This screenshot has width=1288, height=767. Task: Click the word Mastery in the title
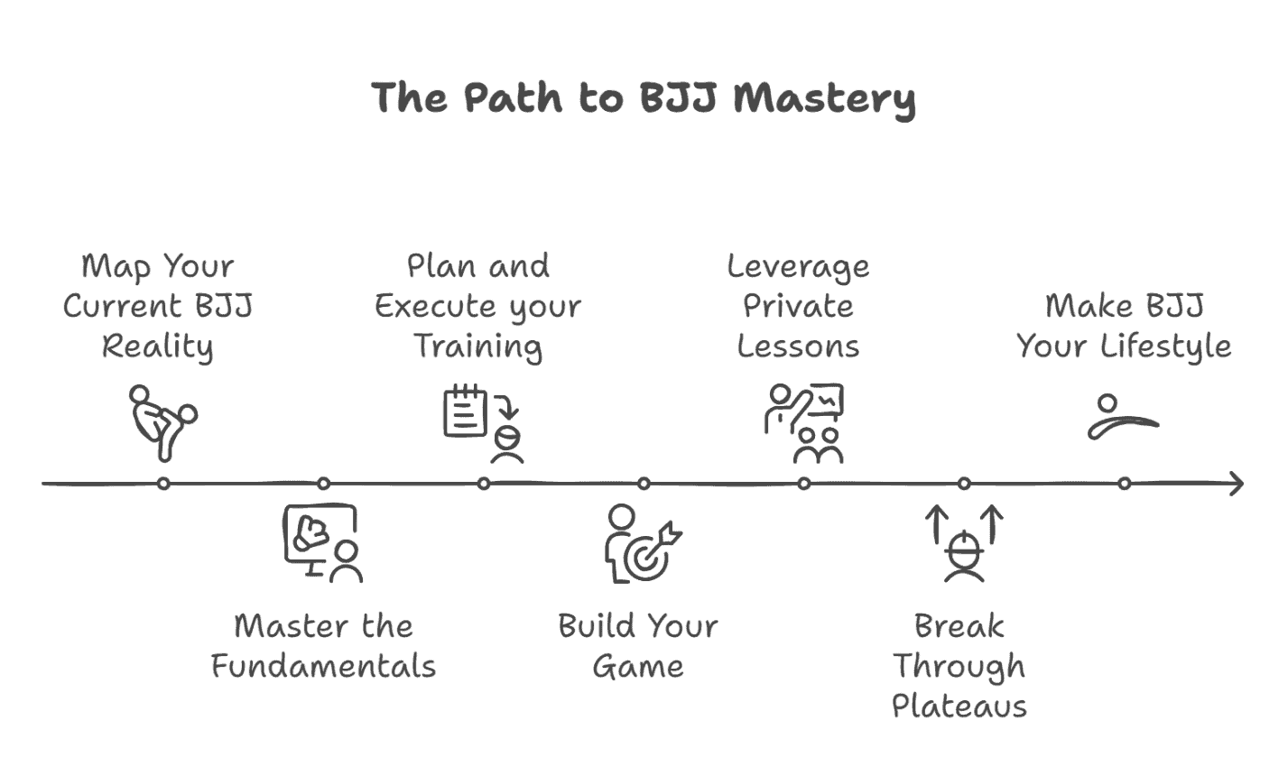click(x=824, y=97)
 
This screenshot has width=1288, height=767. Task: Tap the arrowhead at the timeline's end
click(x=1236, y=484)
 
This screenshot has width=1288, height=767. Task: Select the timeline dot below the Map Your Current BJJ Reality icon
click(x=163, y=484)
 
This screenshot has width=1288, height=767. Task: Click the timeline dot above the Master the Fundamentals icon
click(x=323, y=484)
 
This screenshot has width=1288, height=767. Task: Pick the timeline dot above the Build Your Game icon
click(x=644, y=484)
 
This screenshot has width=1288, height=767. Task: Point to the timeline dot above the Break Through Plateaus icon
click(x=964, y=484)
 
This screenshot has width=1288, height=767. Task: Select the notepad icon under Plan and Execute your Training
click(x=466, y=412)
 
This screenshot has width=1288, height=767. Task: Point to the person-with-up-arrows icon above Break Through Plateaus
click(x=964, y=544)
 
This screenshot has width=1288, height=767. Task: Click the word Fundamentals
click(x=323, y=667)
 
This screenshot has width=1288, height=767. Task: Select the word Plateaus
click(x=959, y=706)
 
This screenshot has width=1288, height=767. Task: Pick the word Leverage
click(x=799, y=266)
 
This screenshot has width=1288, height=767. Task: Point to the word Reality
click(x=158, y=347)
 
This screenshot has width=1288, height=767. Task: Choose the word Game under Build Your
click(x=638, y=667)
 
